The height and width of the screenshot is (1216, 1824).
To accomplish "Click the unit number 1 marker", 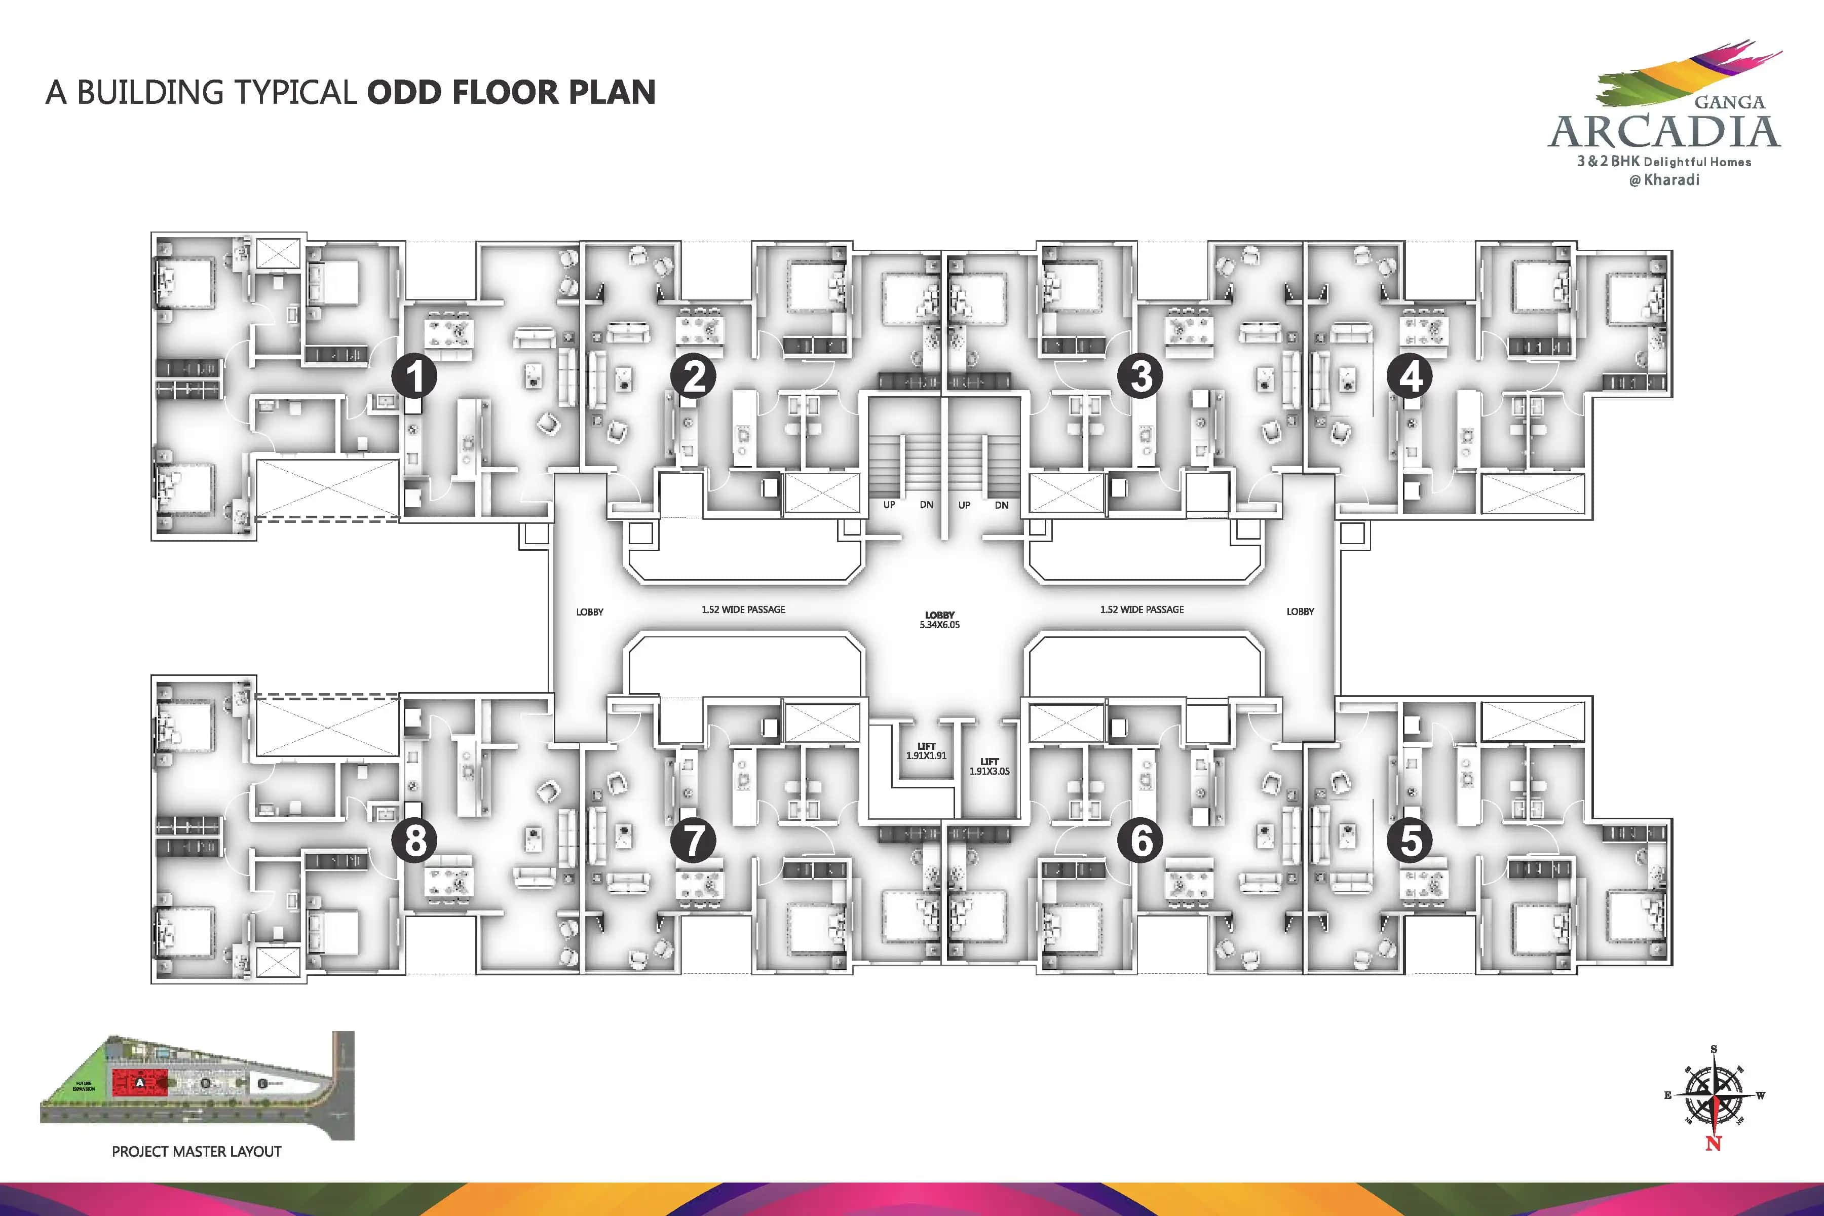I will point(414,376).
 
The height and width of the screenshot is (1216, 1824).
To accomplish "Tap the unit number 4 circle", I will point(1410,376).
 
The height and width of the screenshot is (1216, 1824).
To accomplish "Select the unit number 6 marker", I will point(1140,840).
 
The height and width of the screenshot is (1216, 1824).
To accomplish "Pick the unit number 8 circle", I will point(414,840).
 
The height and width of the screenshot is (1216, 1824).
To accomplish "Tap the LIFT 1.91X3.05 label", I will point(989,766).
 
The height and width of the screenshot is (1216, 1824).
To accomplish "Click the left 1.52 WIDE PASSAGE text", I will point(743,610).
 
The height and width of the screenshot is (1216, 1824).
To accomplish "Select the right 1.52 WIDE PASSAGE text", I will point(1142,610).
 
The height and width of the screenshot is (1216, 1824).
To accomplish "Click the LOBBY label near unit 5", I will point(1300,612).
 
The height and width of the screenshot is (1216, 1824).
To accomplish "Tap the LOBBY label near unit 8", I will point(589,612).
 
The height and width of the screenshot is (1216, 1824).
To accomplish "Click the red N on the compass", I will point(1713,1143).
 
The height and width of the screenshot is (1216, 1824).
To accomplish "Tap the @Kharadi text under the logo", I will point(1664,180).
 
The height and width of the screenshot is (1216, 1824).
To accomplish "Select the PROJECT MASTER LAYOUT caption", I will point(196,1152).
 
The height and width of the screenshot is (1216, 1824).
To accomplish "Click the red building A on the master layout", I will point(140,1082).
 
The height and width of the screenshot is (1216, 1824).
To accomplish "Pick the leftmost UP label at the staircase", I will point(889,505).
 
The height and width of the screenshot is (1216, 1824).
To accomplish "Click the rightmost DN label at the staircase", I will point(1001,505).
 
